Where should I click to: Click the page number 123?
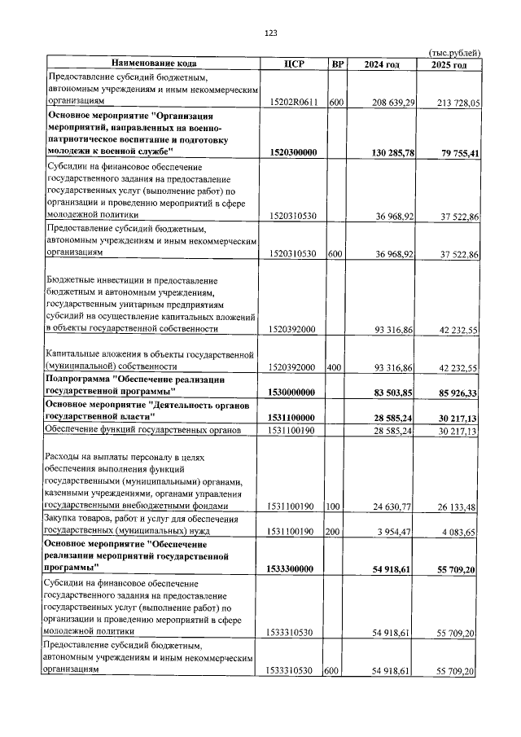point(271,33)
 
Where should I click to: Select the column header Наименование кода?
point(154,64)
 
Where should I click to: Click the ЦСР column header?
point(294,64)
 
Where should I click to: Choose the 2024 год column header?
point(383,64)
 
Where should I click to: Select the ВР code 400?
point(335,368)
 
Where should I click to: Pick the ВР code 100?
point(335,507)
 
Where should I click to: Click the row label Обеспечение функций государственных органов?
point(142,429)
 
